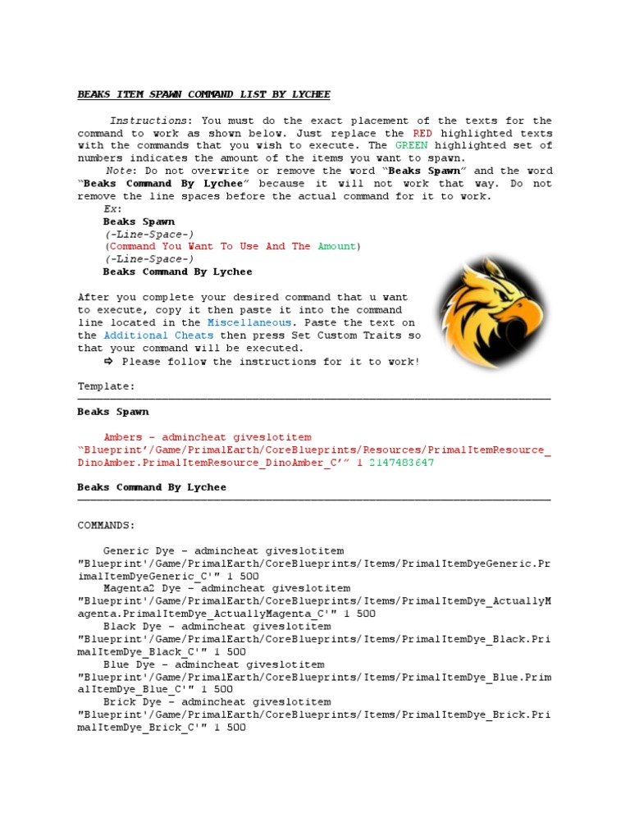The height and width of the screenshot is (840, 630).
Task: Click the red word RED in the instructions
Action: [422, 133]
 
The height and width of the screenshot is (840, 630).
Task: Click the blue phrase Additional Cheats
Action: [160, 336]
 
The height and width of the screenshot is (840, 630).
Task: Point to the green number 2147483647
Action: [402, 463]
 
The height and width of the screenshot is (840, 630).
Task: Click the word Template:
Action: [107, 386]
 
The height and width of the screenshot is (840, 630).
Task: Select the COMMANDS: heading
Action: [107, 525]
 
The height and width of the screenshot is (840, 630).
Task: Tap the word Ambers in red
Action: [123, 437]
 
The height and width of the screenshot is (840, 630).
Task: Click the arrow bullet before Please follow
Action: [108, 361]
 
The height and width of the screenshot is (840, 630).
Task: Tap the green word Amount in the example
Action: [336, 246]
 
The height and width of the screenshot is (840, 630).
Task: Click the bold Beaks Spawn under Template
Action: [113, 412]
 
